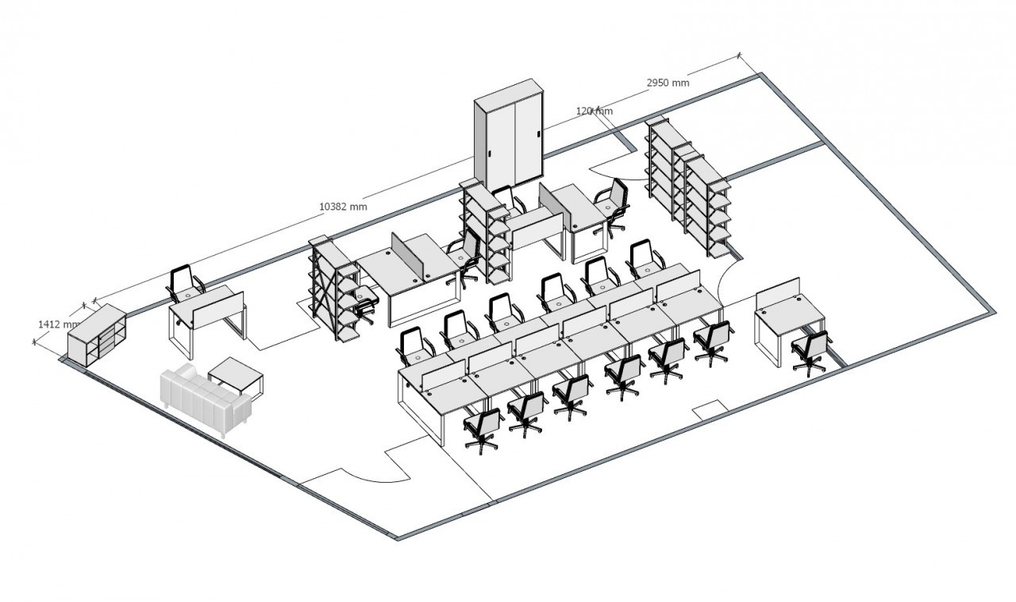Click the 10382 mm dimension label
(x=343, y=206)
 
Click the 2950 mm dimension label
(x=668, y=82)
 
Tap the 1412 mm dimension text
(x=58, y=324)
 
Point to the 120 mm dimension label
(x=594, y=111)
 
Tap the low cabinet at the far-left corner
(x=96, y=337)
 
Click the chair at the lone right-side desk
(x=810, y=350)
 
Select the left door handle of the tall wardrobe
(x=493, y=152)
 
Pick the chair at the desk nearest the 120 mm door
(x=611, y=199)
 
